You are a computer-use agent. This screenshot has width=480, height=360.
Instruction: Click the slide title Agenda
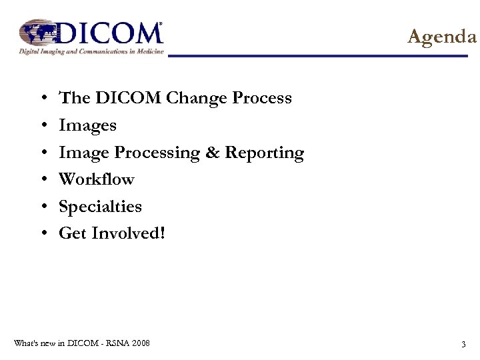click(442, 37)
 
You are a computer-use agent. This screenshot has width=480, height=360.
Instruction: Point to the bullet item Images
click(87, 125)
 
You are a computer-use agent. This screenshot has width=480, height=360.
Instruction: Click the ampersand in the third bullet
click(212, 153)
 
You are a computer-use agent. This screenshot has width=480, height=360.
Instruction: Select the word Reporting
click(264, 153)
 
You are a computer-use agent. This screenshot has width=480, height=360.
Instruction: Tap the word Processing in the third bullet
click(157, 153)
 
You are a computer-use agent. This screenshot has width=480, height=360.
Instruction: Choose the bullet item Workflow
click(97, 179)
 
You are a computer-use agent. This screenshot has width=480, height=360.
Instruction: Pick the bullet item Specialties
click(100, 207)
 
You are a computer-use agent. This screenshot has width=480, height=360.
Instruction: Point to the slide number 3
click(463, 344)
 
